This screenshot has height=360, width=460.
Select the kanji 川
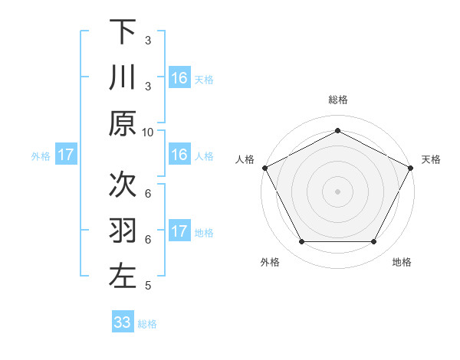(x=123, y=78)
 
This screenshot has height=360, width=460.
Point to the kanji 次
(x=123, y=184)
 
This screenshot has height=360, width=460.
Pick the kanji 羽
(x=123, y=230)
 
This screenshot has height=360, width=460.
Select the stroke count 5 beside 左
(x=148, y=286)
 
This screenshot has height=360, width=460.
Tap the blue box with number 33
(x=123, y=322)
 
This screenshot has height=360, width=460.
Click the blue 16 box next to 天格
(x=179, y=77)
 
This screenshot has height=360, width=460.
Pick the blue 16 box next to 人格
(x=179, y=155)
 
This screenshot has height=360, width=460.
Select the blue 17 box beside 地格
(x=179, y=231)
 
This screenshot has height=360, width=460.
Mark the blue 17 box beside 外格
(x=66, y=155)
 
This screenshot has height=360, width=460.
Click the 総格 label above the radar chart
(x=337, y=100)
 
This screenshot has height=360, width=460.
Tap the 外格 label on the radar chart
(x=270, y=262)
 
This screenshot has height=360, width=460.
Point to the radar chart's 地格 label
(x=402, y=262)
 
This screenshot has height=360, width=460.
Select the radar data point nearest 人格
(x=264, y=167)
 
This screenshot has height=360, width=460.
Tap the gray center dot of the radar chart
(x=337, y=191)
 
